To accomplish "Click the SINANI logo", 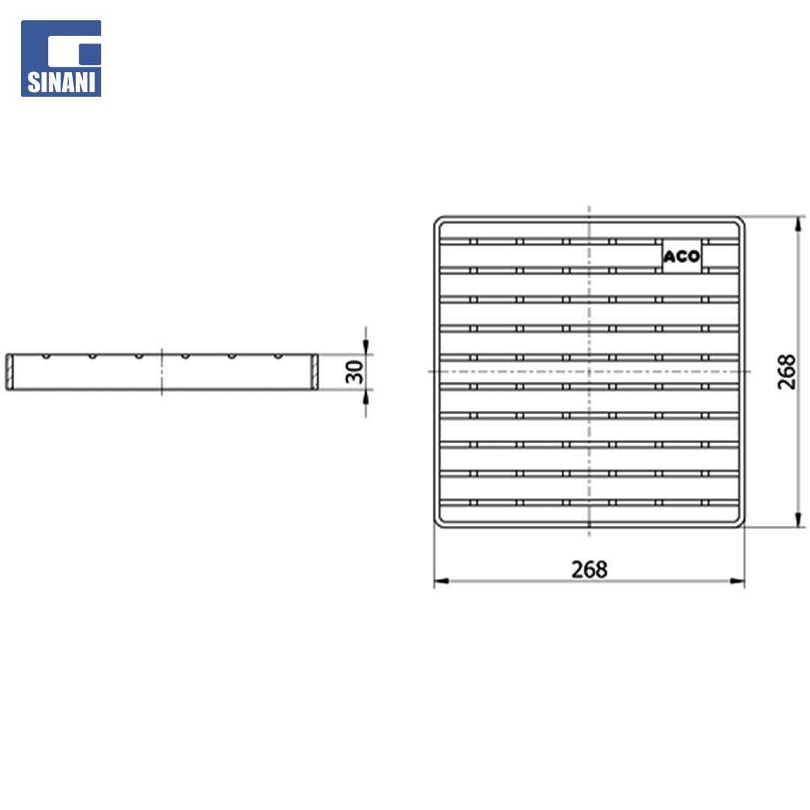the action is click(61, 58).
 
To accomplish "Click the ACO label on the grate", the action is click(681, 256).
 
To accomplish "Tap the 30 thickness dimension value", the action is click(355, 372).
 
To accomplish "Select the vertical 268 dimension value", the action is click(786, 372).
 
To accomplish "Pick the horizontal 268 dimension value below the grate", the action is click(589, 570).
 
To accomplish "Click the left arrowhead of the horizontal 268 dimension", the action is click(442, 582).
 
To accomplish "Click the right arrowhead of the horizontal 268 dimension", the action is click(737, 582).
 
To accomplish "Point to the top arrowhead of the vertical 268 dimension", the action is click(799, 224).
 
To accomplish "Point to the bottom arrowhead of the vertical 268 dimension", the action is click(799, 520).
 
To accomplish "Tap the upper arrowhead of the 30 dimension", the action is click(366, 347).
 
